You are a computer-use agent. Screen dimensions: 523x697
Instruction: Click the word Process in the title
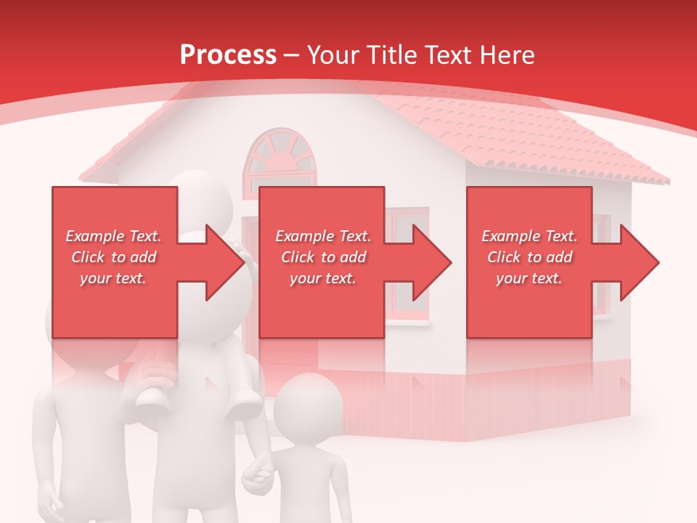[228, 55]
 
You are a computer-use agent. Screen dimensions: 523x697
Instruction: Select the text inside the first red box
[114, 257]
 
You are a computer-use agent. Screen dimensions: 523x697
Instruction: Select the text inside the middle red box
[323, 257]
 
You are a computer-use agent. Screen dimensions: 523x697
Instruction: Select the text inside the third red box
[529, 257]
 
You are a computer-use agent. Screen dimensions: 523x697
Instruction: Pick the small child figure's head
[308, 406]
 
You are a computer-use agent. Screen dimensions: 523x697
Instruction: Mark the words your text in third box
[529, 278]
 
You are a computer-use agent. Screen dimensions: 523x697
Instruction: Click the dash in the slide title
[292, 56]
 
